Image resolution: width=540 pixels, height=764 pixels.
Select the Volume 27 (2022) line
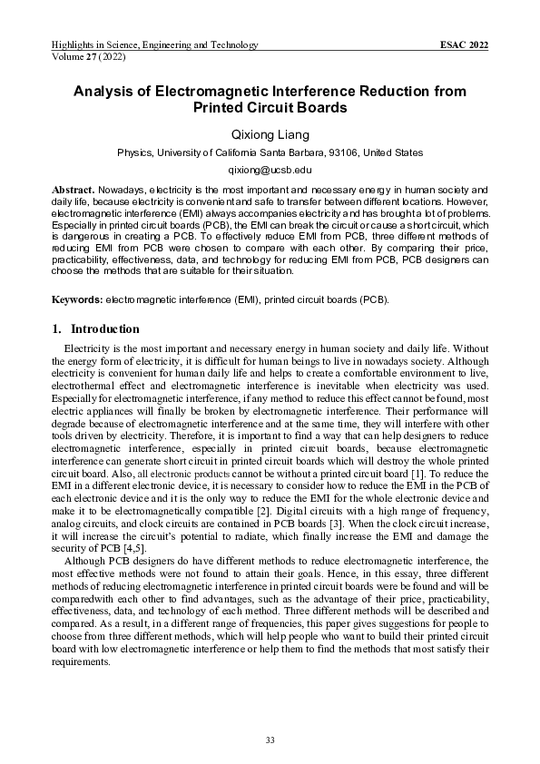pos(90,56)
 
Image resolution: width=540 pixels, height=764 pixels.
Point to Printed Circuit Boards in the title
pos(270,108)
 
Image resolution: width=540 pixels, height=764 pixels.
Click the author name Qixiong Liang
pos(270,133)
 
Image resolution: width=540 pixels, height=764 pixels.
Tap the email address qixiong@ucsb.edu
pos(270,170)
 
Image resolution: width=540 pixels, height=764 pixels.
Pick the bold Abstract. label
pos(73,188)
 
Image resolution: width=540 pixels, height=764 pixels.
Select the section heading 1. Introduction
pos(96,328)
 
